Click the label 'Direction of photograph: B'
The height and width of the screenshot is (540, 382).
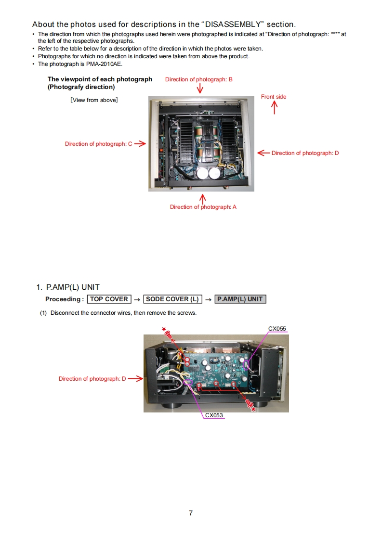[x=198, y=79]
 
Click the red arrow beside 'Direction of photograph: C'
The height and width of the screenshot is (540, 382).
[x=140, y=143]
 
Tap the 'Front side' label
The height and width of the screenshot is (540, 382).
[x=273, y=97]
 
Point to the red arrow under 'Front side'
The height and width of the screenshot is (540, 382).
[x=274, y=108]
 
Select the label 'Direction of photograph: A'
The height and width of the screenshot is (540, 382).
[x=203, y=207]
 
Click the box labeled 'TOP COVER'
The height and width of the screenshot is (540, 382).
[x=109, y=299]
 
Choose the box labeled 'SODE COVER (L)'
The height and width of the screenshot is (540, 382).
[x=172, y=299]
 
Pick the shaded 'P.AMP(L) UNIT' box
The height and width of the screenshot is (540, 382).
[x=240, y=299]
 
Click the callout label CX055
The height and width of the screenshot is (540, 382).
[x=277, y=329]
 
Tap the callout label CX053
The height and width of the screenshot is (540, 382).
[x=214, y=415]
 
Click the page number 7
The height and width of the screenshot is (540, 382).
[x=191, y=513]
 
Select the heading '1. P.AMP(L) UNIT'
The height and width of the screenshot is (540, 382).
[x=68, y=287]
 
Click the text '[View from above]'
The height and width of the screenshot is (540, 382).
[x=94, y=100]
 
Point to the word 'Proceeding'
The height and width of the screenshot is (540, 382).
[x=63, y=299]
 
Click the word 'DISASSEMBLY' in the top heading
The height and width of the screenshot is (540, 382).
[x=235, y=24]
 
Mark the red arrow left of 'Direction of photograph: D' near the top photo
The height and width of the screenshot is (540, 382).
[x=263, y=153]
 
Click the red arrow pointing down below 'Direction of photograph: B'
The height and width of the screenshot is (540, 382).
[x=200, y=89]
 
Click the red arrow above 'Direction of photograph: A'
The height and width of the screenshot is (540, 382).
[x=203, y=198]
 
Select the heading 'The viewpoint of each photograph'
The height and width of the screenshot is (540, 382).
[x=100, y=79]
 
